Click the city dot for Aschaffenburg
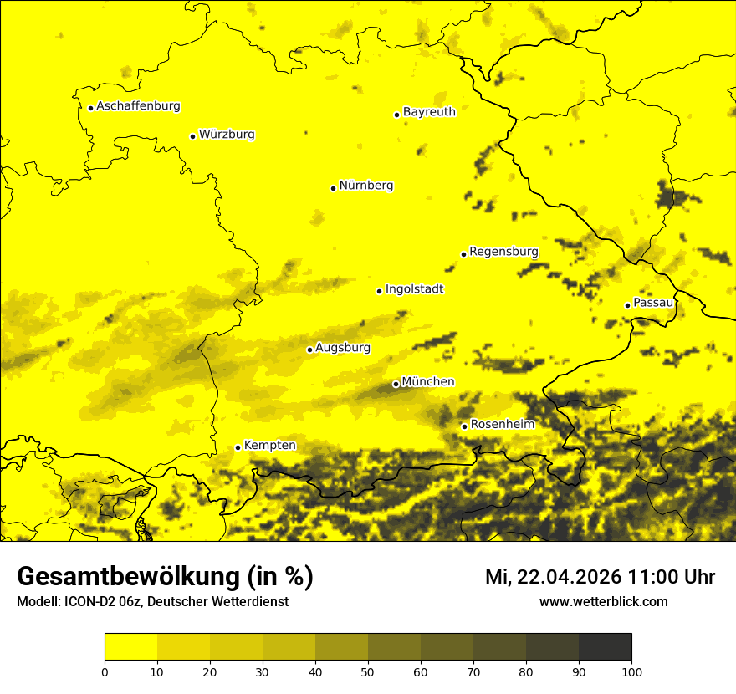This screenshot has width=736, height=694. [x=90, y=108]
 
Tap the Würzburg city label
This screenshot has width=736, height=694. [x=227, y=135]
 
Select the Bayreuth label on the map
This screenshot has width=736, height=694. [x=429, y=112]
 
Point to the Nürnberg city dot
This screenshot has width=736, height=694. [x=333, y=188]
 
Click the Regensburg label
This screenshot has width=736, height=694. [x=503, y=252]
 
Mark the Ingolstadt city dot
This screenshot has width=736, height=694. [x=379, y=291]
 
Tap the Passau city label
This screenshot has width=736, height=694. [x=653, y=303]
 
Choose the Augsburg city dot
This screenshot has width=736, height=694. [x=309, y=350]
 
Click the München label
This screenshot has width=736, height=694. [x=428, y=382]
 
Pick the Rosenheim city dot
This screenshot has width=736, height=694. [x=464, y=426]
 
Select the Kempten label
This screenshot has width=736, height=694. [x=269, y=446]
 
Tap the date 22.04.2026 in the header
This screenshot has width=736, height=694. [x=569, y=577]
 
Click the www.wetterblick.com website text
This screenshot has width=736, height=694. [x=603, y=602]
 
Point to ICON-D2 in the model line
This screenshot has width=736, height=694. [x=84, y=602]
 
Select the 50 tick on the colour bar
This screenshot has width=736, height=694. [x=368, y=671]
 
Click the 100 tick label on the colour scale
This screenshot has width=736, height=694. [x=631, y=671]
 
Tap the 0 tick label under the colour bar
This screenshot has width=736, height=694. [x=105, y=671]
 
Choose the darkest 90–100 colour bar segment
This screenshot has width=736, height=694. [x=605, y=647]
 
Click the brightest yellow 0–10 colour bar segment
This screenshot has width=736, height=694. [x=130, y=647]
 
